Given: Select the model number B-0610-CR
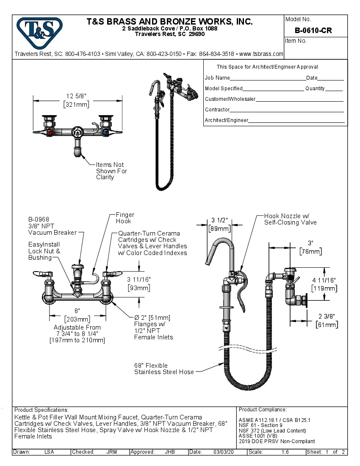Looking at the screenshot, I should (x=313, y=31).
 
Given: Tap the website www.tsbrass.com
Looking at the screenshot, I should (x=261, y=54).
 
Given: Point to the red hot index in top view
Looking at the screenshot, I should (x=51, y=132).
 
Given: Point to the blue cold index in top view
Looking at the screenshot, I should (x=105, y=132).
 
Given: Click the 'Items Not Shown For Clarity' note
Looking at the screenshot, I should (x=111, y=171).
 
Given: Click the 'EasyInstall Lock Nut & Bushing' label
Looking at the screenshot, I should (x=44, y=251).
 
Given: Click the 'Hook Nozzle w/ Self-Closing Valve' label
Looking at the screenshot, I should (x=290, y=219).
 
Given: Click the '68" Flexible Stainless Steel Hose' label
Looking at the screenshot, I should (x=164, y=369).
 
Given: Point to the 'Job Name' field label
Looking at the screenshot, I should (x=217, y=78).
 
